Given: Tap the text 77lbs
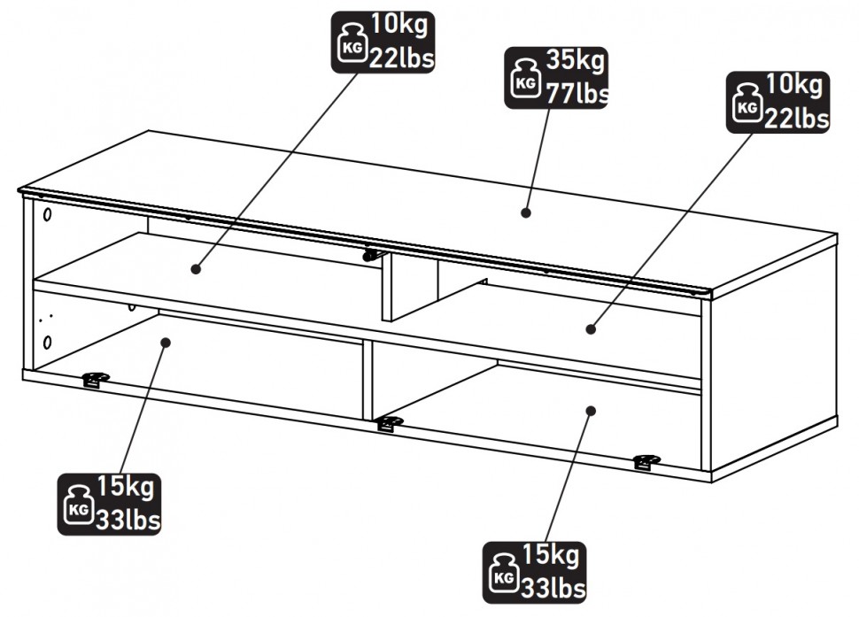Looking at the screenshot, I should click(575, 93).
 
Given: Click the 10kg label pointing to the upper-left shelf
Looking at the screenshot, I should click(384, 41).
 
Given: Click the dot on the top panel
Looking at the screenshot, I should click(525, 212).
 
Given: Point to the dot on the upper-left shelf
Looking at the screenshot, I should click(195, 268).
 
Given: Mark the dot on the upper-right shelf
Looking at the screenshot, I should click(591, 329).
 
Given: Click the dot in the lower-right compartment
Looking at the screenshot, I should click(591, 410).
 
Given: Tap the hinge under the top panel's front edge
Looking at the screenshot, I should click(372, 255).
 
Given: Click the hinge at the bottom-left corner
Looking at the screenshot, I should click(95, 380).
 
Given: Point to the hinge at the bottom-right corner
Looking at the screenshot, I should click(646, 462).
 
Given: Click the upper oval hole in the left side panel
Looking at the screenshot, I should click(47, 214).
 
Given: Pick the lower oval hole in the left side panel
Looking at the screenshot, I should click(47, 341).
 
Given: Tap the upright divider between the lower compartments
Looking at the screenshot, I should click(367, 379).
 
